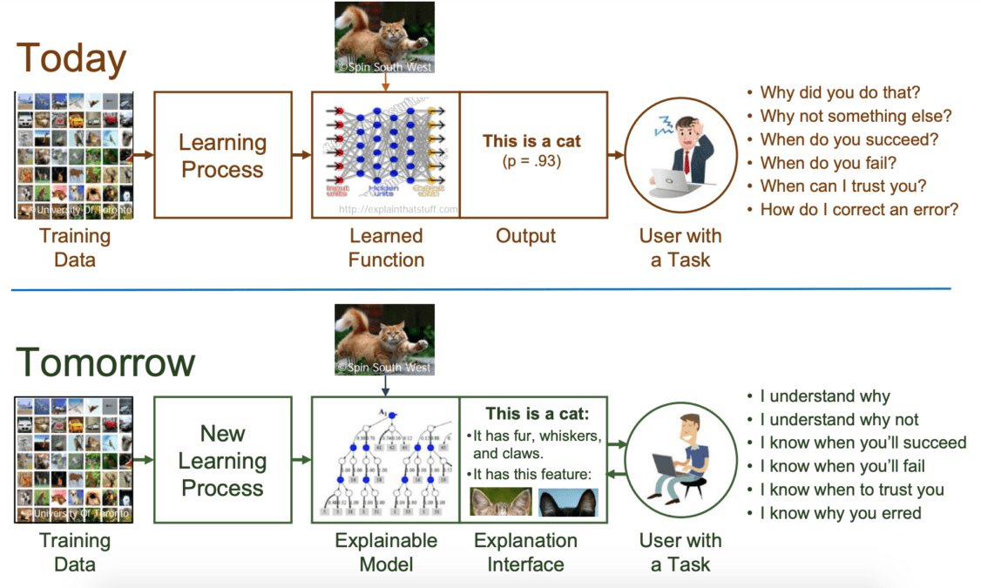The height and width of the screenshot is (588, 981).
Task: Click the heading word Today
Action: [71, 58]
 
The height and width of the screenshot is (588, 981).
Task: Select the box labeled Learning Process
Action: [222, 155]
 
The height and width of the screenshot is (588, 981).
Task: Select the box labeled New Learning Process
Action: [222, 460]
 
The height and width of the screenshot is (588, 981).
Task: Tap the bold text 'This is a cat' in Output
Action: [531, 141]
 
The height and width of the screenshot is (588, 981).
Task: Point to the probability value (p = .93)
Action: [531, 161]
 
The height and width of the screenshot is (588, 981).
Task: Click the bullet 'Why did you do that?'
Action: [840, 92]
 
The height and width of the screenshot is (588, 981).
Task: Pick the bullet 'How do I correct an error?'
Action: [859, 209]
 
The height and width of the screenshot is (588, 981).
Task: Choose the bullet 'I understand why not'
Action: [839, 419]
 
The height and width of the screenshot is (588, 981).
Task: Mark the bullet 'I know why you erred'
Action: [840, 513]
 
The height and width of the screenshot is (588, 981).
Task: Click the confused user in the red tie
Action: [680, 154]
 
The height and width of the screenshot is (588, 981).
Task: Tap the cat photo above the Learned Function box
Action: [385, 37]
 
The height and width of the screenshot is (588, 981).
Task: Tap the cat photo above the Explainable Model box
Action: [385, 340]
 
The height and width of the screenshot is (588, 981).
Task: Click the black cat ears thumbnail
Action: [567, 503]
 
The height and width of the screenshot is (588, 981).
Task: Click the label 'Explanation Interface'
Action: [525, 552]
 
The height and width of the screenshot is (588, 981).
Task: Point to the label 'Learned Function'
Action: [386, 247]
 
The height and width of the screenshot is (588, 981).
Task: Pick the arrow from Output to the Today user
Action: [616, 155]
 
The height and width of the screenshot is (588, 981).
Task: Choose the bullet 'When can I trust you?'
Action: [842, 186]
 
